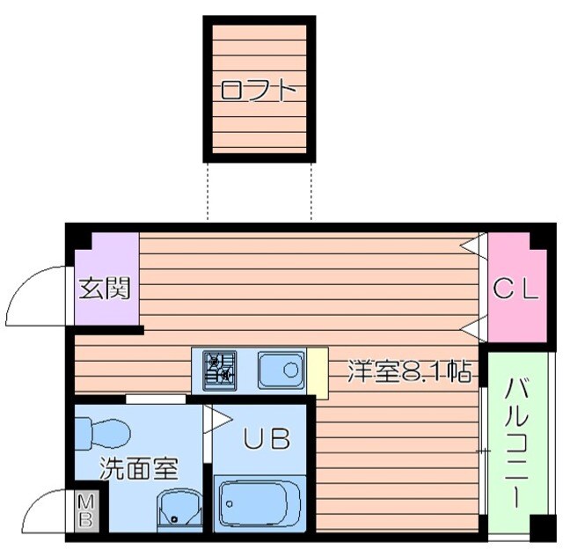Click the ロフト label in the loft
(257, 91)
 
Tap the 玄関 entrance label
(106, 288)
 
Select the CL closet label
(515, 288)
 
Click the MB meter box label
(86, 510)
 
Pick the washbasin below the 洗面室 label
(179, 510)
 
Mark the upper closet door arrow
(476, 242)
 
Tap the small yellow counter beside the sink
(317, 370)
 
